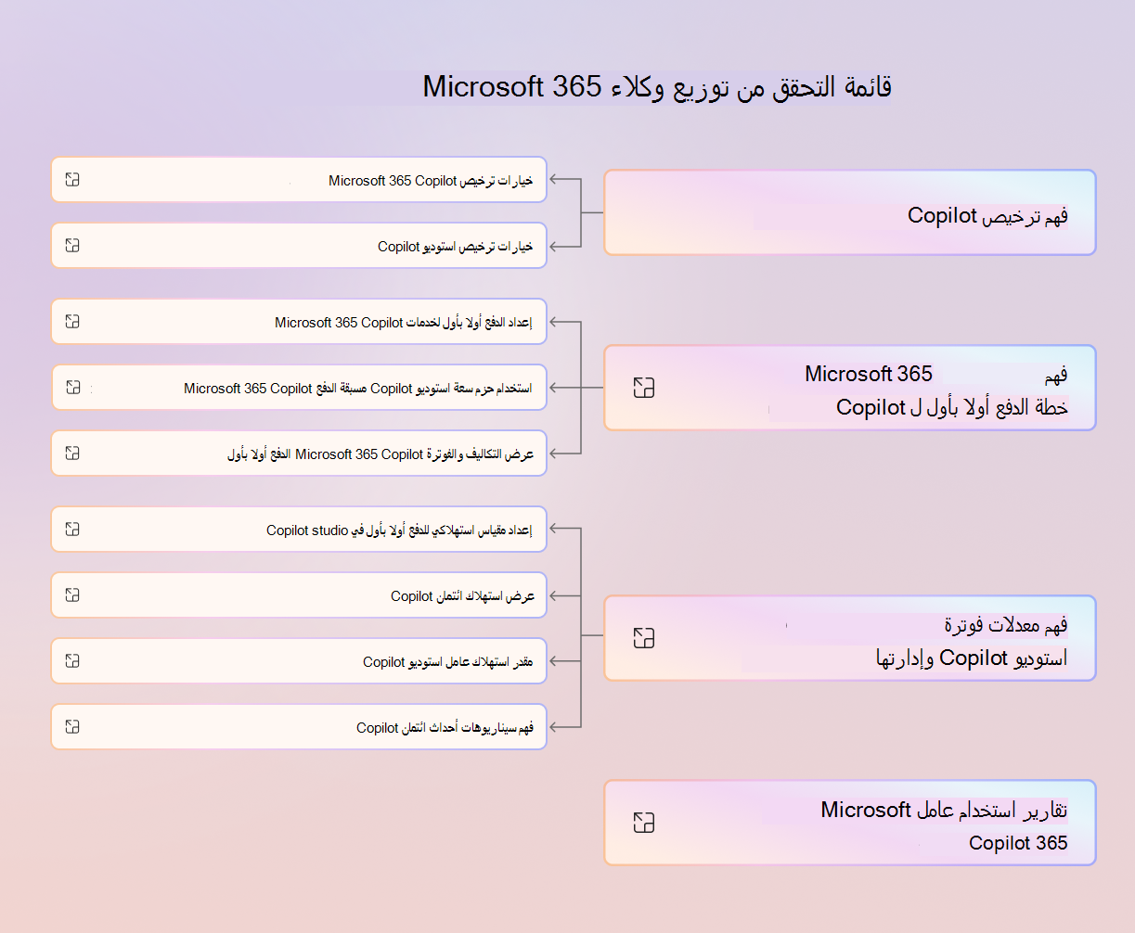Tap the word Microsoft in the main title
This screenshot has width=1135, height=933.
(x=483, y=86)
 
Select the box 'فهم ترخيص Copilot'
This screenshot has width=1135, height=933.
(x=850, y=212)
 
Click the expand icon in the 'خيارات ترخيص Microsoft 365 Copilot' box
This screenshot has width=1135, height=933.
(x=72, y=180)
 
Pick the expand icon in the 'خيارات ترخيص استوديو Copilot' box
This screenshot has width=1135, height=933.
(x=72, y=246)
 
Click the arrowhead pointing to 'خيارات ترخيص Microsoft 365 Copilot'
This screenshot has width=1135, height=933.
(x=554, y=179)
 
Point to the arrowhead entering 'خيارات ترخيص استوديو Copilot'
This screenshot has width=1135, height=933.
(x=554, y=247)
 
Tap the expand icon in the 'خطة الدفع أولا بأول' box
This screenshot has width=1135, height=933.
(x=644, y=387)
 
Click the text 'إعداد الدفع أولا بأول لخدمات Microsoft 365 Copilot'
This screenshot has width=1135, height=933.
(x=404, y=322)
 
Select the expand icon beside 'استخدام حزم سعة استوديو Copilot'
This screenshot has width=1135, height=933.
(x=73, y=387)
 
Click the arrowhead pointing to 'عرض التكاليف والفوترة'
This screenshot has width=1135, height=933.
(x=554, y=454)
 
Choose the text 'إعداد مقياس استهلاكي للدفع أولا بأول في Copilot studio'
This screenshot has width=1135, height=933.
(x=399, y=530)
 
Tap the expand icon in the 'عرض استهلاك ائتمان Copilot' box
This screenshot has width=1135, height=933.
(x=72, y=594)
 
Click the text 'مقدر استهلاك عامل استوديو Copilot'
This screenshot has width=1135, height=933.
(x=447, y=661)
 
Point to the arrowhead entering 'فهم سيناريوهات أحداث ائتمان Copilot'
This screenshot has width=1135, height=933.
(x=554, y=727)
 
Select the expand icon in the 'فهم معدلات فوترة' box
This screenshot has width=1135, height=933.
(x=644, y=638)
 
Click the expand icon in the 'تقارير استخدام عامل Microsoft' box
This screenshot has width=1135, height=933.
(x=644, y=823)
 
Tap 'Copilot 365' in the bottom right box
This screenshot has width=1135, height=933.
(x=1018, y=843)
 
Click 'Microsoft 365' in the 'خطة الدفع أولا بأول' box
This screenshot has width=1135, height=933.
(x=868, y=374)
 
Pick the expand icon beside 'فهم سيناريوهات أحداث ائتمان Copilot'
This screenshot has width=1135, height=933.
(x=72, y=726)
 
